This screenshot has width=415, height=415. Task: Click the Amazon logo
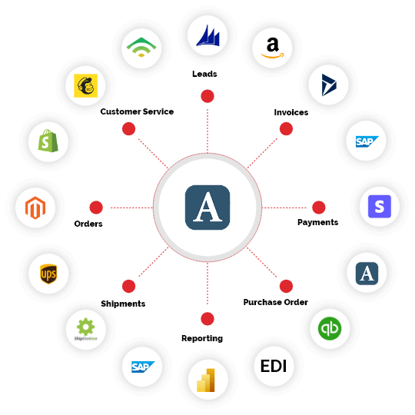click(x=272, y=48)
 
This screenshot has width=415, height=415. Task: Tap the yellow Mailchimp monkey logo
click(x=85, y=86)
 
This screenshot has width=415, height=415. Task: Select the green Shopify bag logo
click(x=48, y=141)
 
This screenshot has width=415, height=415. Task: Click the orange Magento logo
click(x=35, y=207)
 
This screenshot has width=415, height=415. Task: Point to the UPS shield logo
click(x=48, y=274)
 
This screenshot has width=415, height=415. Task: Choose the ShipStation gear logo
click(x=85, y=330)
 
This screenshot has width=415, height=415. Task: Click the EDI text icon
click(x=274, y=366)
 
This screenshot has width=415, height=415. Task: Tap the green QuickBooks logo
click(x=330, y=328)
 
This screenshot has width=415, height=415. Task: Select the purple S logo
click(x=380, y=207)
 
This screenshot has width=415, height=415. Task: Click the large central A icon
click(x=207, y=207)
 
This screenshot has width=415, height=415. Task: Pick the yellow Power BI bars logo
click(x=206, y=380)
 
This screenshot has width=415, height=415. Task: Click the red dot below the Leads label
click(x=207, y=96)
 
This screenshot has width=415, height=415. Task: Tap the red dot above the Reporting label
click(x=207, y=319)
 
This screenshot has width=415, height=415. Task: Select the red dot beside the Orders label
click(x=96, y=207)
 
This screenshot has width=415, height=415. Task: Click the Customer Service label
click(x=137, y=111)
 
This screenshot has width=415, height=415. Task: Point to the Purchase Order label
click(x=276, y=302)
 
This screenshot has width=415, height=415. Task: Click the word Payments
click(x=318, y=222)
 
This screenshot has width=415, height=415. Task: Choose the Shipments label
click(x=123, y=304)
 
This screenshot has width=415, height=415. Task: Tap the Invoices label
click(x=291, y=112)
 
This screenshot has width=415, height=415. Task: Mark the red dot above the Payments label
click(x=319, y=207)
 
